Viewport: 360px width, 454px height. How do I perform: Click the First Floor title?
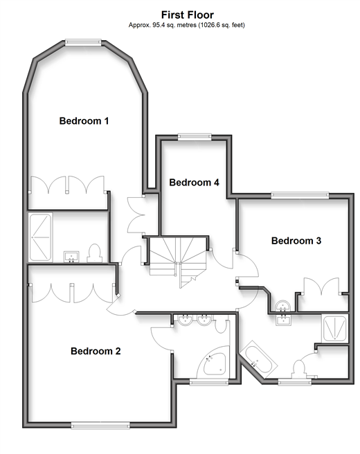tap(188, 15)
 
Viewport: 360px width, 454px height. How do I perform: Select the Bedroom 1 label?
tap(84, 120)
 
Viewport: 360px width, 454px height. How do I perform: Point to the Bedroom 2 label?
tap(96, 351)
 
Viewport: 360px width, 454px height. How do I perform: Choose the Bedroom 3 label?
tap(296, 241)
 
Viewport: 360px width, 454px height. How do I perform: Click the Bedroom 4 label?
tap(194, 183)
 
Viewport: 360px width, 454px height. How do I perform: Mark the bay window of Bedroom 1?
tap(83, 43)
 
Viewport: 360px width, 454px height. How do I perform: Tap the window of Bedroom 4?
tap(195, 137)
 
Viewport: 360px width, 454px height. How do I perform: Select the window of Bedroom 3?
tap(300, 195)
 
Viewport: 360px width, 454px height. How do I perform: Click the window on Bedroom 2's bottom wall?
tap(100, 425)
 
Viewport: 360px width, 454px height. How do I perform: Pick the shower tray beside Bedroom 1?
tap(41, 237)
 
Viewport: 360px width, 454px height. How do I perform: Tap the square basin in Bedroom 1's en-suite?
tap(71, 257)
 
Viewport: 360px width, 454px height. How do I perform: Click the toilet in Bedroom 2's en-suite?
tap(222, 324)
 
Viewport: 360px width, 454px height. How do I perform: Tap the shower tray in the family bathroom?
tap(335, 329)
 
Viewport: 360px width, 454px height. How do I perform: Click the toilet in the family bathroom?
tap(300, 369)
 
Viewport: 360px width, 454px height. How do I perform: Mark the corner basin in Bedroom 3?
tap(282, 306)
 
